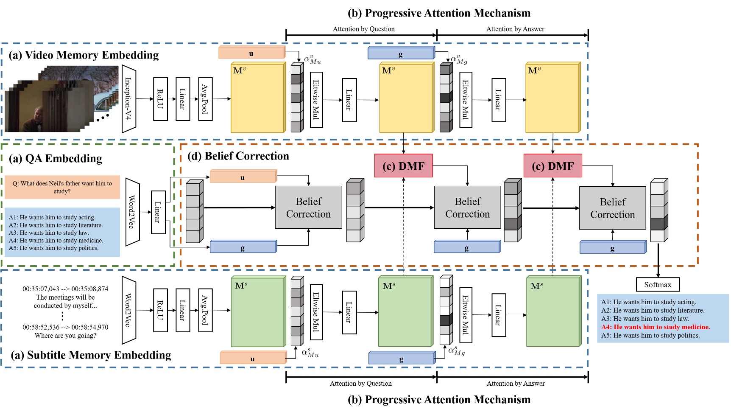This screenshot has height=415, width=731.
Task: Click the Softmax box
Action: tap(658, 285)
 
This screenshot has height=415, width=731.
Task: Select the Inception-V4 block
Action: tap(128, 99)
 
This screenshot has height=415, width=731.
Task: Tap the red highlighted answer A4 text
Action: tap(655, 327)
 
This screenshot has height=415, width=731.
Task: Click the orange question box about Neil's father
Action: tap(62, 187)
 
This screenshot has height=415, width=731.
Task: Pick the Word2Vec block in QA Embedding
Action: tap(132, 212)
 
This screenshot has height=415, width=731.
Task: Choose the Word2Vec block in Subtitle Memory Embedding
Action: tap(128, 310)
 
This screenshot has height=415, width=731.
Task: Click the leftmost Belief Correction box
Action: tap(308, 207)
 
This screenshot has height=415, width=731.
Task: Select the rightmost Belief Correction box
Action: tap(612, 208)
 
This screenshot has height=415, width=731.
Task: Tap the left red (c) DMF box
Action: tap(403, 166)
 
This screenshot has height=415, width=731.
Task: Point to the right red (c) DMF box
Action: tap(552, 166)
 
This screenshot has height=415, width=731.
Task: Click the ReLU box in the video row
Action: tap(160, 99)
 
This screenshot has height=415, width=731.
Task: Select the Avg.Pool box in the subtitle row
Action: tap(205, 310)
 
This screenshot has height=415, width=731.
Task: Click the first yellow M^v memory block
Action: tap(257, 98)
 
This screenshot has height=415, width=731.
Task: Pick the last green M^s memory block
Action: tap(553, 312)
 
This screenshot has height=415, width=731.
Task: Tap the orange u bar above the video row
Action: tap(251, 53)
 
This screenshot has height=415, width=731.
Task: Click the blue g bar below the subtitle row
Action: tap(402, 359)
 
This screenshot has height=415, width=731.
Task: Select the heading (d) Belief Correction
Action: tap(238, 156)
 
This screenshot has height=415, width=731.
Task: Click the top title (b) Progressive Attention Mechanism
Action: tap(439, 13)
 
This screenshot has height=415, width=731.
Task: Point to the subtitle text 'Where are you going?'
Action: tap(65, 335)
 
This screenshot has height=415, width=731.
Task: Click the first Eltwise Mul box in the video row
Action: tap(316, 100)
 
